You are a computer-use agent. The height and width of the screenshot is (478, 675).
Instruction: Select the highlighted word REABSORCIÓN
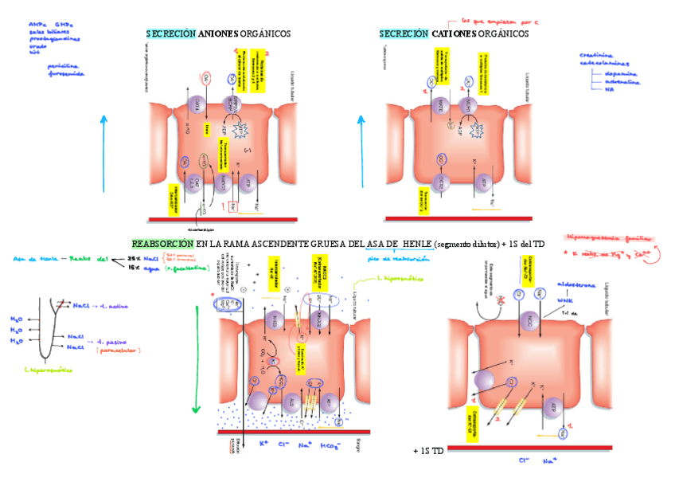coord(162,243)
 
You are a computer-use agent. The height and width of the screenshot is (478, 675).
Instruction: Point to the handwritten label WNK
coord(566,300)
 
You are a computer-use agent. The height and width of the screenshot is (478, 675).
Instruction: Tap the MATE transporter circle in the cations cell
coord(441,104)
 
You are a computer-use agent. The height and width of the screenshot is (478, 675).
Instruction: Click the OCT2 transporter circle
coord(441,183)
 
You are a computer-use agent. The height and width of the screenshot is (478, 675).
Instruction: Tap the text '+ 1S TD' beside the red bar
coord(427,451)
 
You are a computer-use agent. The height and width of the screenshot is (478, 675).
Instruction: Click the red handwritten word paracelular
coord(119,350)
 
